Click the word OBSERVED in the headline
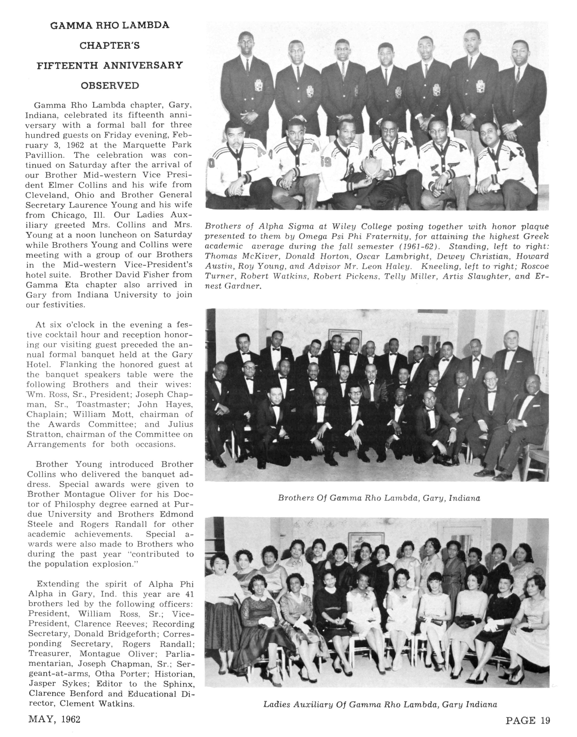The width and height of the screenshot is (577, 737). pyautogui.click(x=110, y=85)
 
